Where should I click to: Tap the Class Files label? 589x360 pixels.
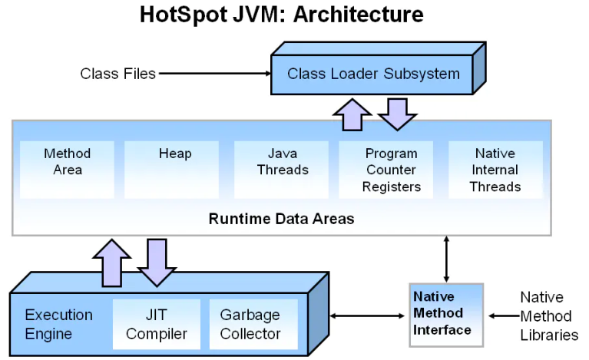118,74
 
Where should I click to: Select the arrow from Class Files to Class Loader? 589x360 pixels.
215,74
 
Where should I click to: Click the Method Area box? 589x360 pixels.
67,170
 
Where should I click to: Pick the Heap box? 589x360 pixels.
172,170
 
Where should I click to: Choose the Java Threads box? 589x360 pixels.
281,170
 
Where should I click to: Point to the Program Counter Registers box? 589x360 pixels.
385,170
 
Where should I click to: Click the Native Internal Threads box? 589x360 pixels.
495,170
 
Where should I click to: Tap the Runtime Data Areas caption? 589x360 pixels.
281,219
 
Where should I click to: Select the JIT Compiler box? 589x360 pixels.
157,324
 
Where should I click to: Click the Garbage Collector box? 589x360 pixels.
253,324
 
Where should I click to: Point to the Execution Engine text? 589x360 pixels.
58,324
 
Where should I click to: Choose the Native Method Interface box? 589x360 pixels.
446,315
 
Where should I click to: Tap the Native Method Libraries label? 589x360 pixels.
549,316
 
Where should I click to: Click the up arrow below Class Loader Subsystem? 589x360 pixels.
352,115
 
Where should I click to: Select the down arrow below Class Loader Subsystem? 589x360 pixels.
398,114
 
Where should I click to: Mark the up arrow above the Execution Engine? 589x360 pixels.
112,263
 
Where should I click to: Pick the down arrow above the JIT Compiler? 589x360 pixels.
157,263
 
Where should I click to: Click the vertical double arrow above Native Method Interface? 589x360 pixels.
446,259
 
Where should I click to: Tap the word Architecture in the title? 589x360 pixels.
359,15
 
